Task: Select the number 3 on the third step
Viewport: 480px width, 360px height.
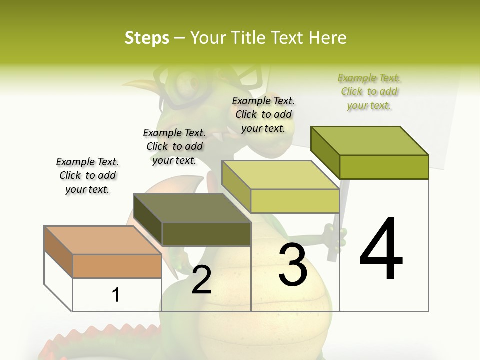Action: tap(293, 265)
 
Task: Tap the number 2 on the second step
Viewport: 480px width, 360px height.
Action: tap(201, 279)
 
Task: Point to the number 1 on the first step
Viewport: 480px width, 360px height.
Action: tap(115, 295)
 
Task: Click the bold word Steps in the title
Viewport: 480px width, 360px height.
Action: tap(147, 38)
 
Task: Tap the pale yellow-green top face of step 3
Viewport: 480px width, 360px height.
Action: tap(280, 175)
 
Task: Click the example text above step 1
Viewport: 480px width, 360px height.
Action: tap(87, 175)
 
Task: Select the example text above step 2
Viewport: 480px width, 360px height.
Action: tap(174, 146)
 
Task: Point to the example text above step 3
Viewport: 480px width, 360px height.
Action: tap(263, 114)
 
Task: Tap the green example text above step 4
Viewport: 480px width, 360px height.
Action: tap(369, 91)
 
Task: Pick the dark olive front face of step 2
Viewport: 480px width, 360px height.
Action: tap(206, 234)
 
